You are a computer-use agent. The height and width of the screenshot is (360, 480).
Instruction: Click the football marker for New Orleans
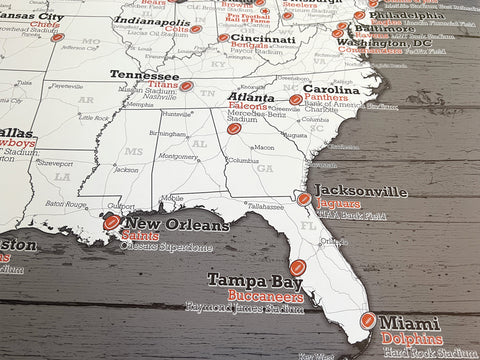(112, 223)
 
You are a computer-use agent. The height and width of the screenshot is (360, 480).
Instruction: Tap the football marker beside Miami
(368, 322)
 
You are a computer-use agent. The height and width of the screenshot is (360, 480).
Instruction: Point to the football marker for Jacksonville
(304, 199)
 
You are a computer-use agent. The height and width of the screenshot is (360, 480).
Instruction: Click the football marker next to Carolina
(296, 100)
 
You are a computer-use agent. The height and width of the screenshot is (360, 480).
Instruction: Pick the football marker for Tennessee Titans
(186, 86)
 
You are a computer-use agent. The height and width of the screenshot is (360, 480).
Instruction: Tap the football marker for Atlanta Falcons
(234, 128)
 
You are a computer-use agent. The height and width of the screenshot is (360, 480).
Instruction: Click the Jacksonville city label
(361, 190)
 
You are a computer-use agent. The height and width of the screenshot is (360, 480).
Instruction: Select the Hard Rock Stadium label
(428, 353)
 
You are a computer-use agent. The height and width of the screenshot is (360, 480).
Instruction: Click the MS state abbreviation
(107, 151)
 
